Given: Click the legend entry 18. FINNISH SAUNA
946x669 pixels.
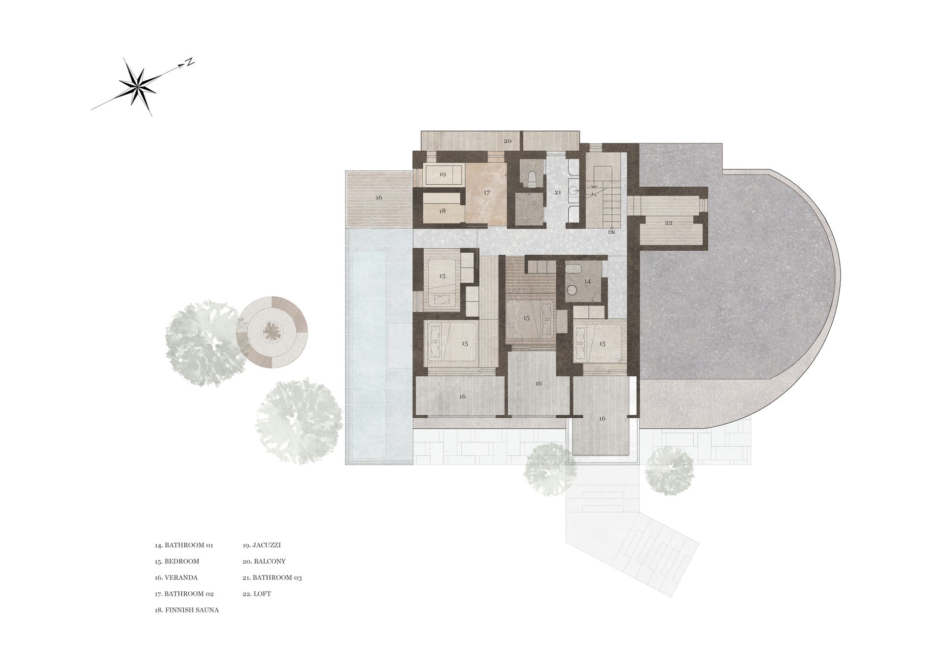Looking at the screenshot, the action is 187,610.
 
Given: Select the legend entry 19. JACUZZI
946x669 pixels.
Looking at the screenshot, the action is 262,545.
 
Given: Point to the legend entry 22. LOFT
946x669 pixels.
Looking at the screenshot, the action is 257,594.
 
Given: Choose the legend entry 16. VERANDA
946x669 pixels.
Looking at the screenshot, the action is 176,577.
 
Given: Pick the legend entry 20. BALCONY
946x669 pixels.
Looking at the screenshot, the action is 264,561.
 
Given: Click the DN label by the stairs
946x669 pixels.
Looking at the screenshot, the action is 611,232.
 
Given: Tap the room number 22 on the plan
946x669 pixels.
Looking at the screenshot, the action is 669,223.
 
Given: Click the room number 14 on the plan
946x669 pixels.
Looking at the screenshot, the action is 587,281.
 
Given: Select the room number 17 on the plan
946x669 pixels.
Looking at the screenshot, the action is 487,193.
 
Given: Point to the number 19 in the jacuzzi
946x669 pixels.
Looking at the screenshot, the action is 442,174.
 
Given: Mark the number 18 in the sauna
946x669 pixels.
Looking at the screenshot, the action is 442,211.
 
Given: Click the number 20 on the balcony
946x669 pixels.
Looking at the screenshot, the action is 507,141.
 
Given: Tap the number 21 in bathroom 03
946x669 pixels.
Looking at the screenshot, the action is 558,192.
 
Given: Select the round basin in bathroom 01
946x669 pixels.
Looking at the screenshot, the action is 572,294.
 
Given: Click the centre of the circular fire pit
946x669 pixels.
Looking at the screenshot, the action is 271,331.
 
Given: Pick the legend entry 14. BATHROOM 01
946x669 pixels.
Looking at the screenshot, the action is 184,545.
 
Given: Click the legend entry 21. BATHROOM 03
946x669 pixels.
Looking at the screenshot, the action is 272,577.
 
